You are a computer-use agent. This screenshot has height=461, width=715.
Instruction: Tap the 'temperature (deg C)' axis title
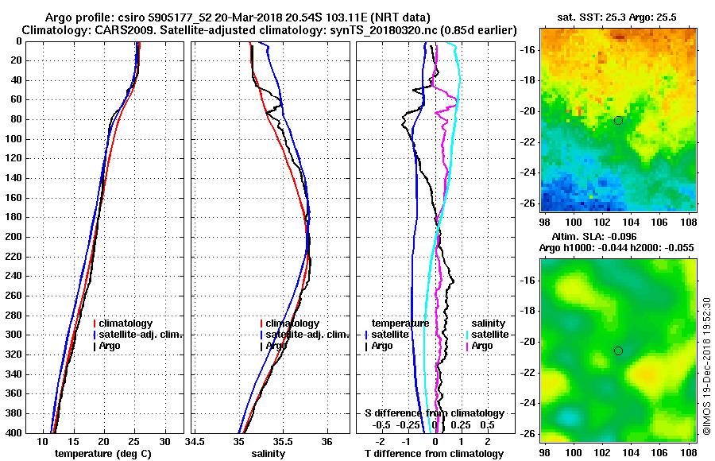click(x=102, y=454)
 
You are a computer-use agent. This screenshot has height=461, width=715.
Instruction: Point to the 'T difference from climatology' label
click(x=434, y=454)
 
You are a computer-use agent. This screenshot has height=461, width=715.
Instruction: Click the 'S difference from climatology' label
click(x=434, y=413)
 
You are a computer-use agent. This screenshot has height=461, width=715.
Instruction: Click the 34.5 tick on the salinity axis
click(x=195, y=441)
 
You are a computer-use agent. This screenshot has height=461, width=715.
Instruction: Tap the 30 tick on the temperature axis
click(x=164, y=441)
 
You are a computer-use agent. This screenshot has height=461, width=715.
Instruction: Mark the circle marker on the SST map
click(x=618, y=120)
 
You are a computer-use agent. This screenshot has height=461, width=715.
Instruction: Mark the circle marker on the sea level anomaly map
click(x=618, y=351)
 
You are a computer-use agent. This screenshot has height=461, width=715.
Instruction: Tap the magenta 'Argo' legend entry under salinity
click(x=482, y=346)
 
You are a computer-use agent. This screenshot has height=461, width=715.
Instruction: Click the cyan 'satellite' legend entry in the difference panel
click(x=489, y=335)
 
